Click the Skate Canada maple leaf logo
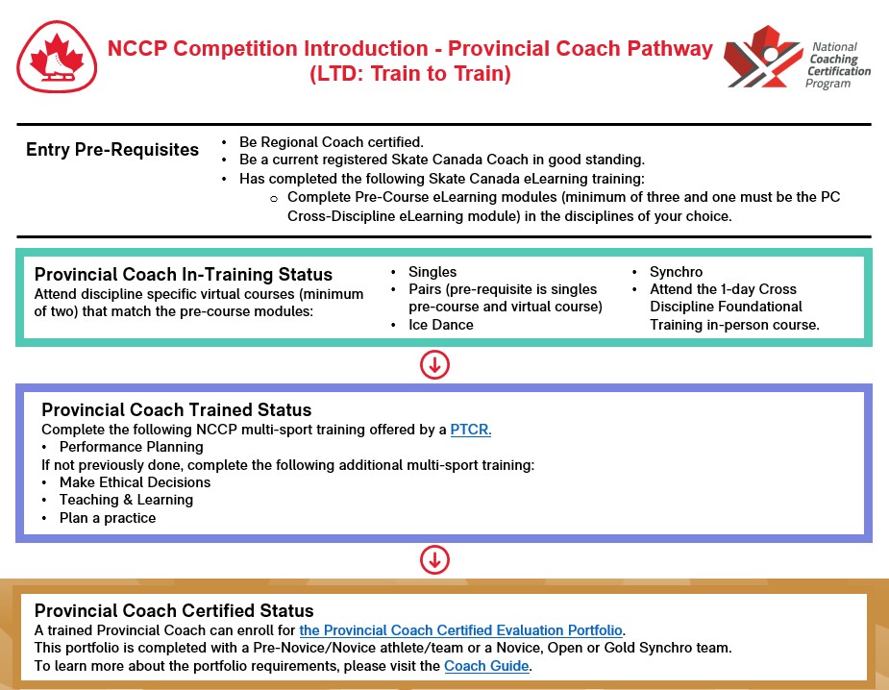pos(57,58)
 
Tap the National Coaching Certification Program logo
pos(797,58)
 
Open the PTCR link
pos(471,430)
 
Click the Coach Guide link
pos(486,666)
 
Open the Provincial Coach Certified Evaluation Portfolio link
pos(461,630)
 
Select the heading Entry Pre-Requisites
pos(112,150)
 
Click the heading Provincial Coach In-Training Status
pos(184,275)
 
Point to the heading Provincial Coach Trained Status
pos(176,410)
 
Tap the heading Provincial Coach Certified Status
pos(174,610)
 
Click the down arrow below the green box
pos(434,364)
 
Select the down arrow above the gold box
pos(434,559)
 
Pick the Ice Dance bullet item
pos(440,325)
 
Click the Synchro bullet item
pos(676,272)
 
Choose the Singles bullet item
pos(432,272)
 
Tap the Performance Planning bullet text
pos(131,447)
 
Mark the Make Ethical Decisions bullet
pos(135,482)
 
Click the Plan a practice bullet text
pos(107,518)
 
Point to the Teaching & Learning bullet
pos(126,500)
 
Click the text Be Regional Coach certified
pos(332,141)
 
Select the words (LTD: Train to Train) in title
pos(410,74)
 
